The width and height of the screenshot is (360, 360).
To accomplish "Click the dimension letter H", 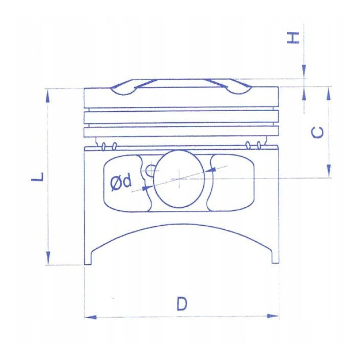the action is coord(293,38).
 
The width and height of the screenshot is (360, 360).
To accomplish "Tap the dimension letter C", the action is coord(317,133).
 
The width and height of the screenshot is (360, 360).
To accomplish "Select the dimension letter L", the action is coord(37,177).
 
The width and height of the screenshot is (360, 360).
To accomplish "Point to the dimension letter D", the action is coord(182,303).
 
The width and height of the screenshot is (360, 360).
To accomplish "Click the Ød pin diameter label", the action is coord(121,182).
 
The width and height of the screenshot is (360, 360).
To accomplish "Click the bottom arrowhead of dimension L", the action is coord(48,258).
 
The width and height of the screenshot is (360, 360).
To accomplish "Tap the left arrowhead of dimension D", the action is coord(91,317).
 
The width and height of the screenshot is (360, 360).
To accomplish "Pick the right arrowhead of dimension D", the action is coord(273,316).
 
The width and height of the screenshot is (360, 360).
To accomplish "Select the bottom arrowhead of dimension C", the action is coord(329,171).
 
